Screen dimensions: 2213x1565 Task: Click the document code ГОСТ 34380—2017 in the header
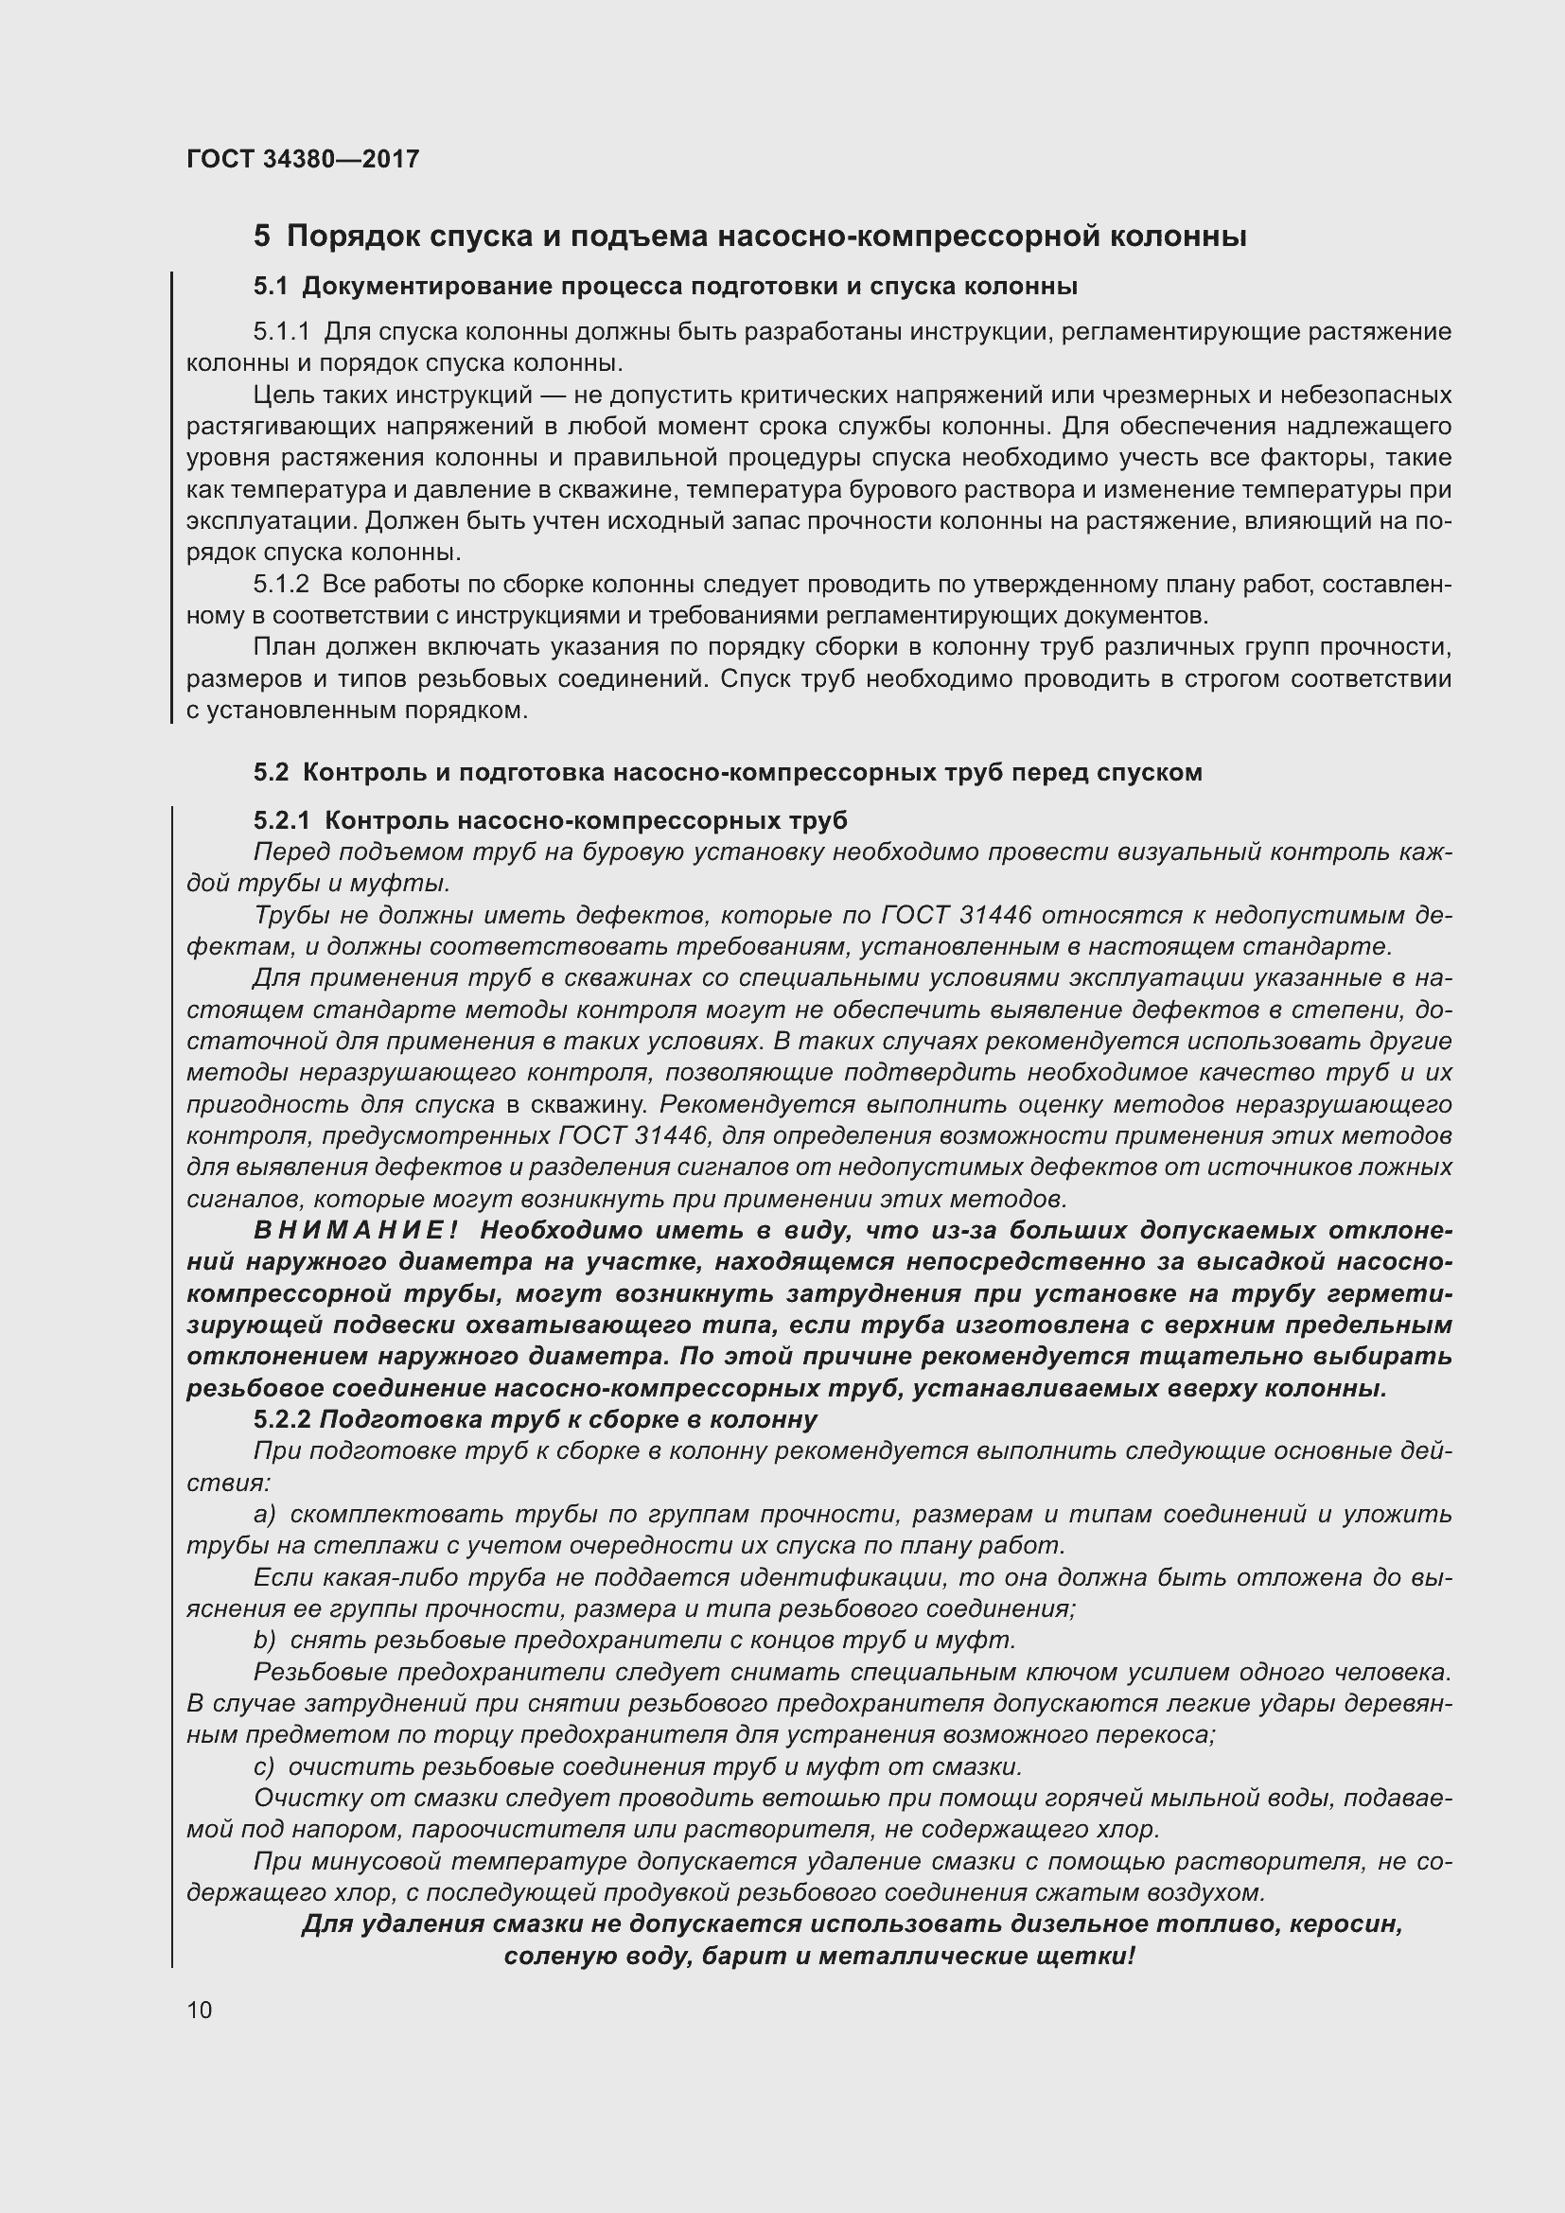[x=303, y=159]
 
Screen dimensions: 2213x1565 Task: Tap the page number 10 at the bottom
[x=200, y=2011]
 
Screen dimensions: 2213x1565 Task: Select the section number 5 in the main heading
[x=261, y=237]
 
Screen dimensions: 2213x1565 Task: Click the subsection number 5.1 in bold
[x=271, y=287]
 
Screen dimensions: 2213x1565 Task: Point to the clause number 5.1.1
[x=281, y=332]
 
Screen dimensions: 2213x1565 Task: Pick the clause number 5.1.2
[x=281, y=585]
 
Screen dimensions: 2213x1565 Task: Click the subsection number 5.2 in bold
[x=271, y=772]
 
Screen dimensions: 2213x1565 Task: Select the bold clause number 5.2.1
[x=281, y=820]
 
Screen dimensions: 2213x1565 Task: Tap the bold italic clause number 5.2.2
[x=281, y=1420]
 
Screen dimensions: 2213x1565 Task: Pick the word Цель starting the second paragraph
[x=282, y=395]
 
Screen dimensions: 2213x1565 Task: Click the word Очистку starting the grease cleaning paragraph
[x=297, y=1799]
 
